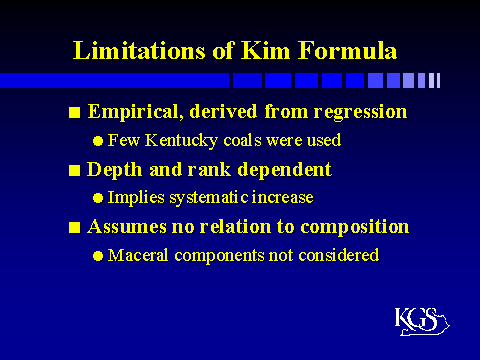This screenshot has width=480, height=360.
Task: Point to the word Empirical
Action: click(x=131, y=111)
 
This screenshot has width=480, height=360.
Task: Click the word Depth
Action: click(x=113, y=169)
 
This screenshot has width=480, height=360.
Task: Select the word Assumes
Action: click(x=127, y=226)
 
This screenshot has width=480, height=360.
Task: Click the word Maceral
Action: click(x=135, y=255)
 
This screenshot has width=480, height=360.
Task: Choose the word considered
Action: click(x=341, y=255)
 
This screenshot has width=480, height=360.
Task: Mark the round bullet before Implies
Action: click(x=97, y=198)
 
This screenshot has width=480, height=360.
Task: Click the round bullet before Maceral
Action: click(x=97, y=256)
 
